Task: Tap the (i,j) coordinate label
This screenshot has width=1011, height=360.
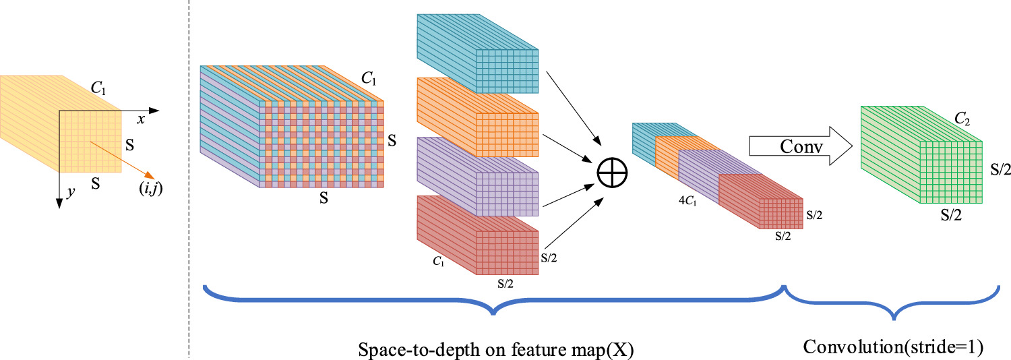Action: [150, 190]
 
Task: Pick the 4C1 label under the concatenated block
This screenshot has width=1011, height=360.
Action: [689, 200]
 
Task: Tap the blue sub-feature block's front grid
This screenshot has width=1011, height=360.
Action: [509, 70]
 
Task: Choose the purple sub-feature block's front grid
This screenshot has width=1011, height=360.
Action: [509, 193]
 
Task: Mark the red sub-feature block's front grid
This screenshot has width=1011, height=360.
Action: [509, 251]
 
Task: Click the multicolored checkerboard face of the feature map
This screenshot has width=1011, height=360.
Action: [321, 144]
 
